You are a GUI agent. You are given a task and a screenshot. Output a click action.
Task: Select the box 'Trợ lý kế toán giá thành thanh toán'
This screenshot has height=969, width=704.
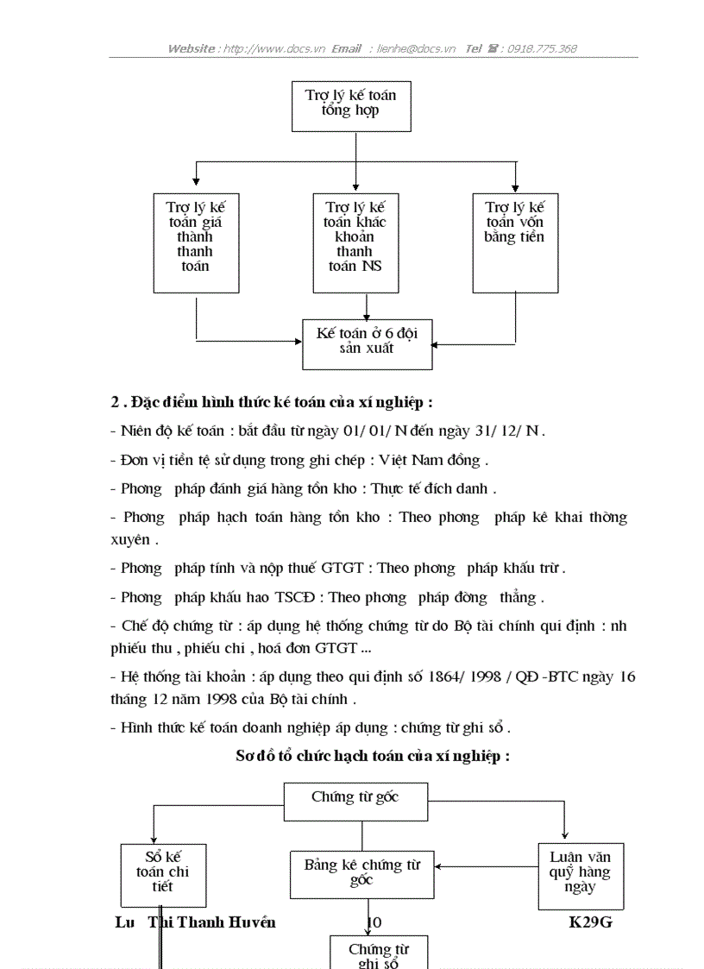click(196, 242)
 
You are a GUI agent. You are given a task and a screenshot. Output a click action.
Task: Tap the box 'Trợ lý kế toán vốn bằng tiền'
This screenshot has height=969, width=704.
click(515, 242)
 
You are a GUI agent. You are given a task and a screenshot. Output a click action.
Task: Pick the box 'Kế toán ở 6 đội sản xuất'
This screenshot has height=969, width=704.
click(367, 343)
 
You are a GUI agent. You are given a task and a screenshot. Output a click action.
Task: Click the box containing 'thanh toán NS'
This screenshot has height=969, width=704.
click(355, 242)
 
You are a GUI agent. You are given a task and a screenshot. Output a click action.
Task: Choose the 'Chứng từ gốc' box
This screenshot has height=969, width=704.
click(355, 802)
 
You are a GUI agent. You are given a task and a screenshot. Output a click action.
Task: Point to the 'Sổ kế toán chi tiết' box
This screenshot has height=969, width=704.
click(162, 874)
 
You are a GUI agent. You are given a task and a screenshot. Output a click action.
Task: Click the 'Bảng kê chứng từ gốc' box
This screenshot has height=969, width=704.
click(361, 872)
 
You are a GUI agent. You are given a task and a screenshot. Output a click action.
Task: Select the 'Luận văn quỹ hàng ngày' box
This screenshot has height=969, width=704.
click(581, 874)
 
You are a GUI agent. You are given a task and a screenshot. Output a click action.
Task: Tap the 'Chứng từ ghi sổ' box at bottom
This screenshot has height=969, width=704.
click(379, 953)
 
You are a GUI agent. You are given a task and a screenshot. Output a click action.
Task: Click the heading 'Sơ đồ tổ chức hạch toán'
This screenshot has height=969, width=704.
click(373, 756)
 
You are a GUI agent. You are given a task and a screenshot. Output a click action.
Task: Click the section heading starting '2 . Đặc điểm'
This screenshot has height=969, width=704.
click(272, 402)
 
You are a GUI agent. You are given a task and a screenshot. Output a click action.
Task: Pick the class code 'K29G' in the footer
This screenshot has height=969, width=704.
click(591, 922)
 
